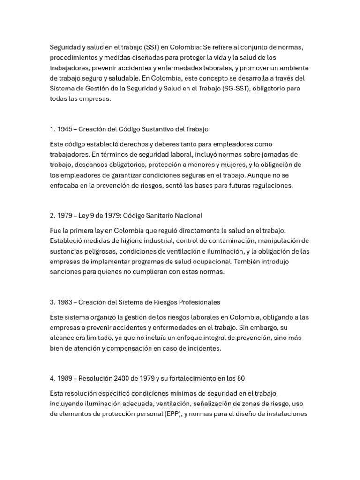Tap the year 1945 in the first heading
click(x=65, y=129)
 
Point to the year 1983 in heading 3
click(x=65, y=302)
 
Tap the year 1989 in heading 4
click(x=65, y=378)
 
